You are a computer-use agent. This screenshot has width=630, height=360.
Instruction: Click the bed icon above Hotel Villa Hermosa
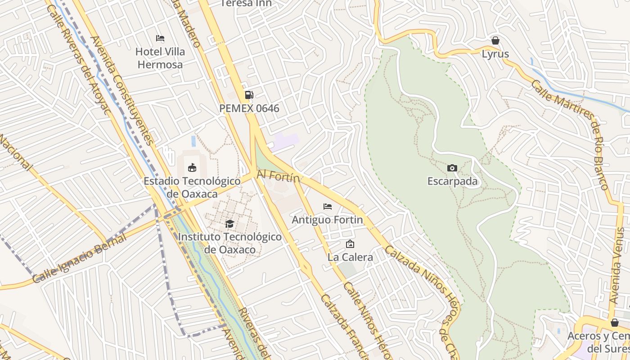(x=160, y=38)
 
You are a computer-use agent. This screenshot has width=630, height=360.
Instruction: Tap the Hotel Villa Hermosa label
(x=160, y=58)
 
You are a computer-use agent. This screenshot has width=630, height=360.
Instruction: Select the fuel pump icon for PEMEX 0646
(x=249, y=95)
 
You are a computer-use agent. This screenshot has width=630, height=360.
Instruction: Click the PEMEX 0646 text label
(x=249, y=108)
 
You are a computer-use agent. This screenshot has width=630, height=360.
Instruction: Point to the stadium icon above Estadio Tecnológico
(x=192, y=168)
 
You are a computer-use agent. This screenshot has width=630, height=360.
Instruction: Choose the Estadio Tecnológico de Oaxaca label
(x=192, y=187)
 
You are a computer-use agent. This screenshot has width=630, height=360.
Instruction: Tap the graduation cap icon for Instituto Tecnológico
(x=229, y=224)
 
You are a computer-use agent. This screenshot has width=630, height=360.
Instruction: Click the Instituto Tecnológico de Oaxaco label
(x=229, y=243)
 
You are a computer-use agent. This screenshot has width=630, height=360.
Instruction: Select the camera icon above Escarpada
(x=452, y=168)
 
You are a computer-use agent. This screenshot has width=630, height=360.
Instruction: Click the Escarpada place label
(x=452, y=182)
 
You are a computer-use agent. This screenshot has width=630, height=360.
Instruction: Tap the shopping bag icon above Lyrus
(x=495, y=40)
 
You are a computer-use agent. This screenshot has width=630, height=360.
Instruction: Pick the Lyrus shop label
(x=495, y=54)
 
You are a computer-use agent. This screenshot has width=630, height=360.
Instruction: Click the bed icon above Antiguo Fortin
(x=328, y=207)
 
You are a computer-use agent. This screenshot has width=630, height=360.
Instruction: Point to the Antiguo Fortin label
(x=327, y=220)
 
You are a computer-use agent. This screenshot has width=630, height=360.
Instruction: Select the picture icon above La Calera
(x=350, y=244)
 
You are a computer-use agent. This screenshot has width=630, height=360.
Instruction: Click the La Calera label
(x=350, y=257)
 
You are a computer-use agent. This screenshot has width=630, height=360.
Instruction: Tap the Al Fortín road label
(x=278, y=176)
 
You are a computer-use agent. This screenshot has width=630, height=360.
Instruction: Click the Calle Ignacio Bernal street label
(x=79, y=259)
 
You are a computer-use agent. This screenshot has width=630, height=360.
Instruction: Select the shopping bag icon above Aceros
(x=615, y=323)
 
